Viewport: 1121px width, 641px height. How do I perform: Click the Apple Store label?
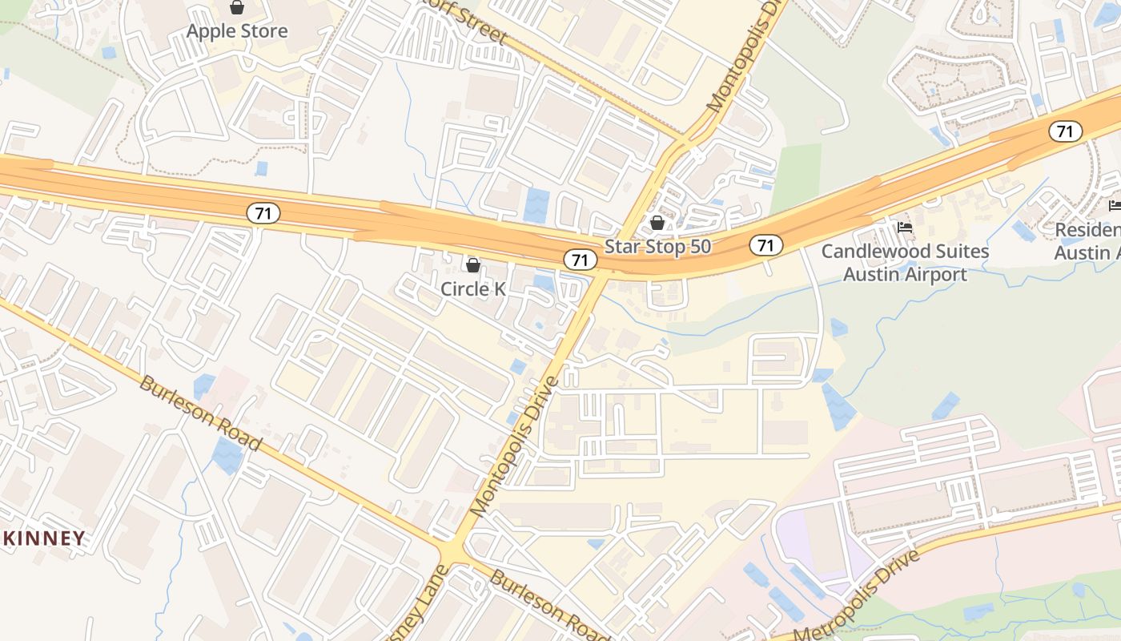tap(237, 31)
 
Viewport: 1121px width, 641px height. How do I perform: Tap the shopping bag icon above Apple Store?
tap(237, 8)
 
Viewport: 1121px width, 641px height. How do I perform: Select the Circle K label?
tap(473, 288)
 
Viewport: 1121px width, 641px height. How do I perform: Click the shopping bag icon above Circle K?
tap(473, 264)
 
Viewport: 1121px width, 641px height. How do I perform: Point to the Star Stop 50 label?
tap(657, 246)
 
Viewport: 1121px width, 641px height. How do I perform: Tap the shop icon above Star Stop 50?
tap(657, 223)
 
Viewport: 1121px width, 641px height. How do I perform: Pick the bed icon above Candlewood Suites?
tap(905, 228)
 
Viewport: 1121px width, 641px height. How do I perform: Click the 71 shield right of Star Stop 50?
tap(765, 245)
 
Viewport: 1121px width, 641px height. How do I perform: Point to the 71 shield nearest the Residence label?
tap(1066, 131)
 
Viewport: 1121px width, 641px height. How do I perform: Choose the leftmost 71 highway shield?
tap(262, 213)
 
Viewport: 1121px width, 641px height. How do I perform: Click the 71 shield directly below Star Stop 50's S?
tap(581, 259)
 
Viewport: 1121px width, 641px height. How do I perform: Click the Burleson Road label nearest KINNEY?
tap(200, 412)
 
